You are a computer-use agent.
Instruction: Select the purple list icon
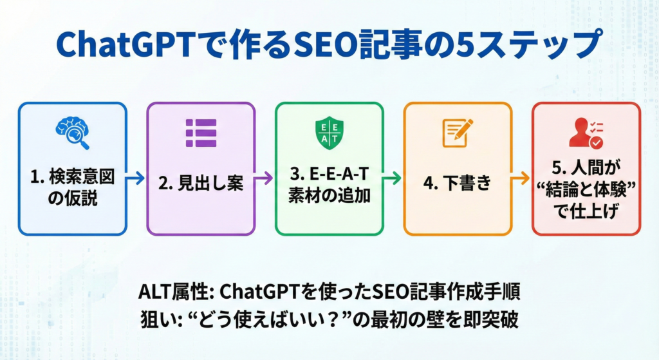click(201, 133)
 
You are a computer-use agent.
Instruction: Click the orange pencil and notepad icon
click(458, 133)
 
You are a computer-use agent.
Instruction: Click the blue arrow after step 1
click(136, 178)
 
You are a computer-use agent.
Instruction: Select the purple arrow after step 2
click(265, 178)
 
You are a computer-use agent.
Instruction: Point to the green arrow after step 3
click(393, 178)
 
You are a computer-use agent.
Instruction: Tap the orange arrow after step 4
click(521, 178)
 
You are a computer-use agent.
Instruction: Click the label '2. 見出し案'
click(201, 183)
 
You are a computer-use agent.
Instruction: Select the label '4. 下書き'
click(458, 183)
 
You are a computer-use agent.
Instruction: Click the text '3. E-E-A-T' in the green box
click(329, 174)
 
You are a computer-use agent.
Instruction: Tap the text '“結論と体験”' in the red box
click(586, 191)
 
